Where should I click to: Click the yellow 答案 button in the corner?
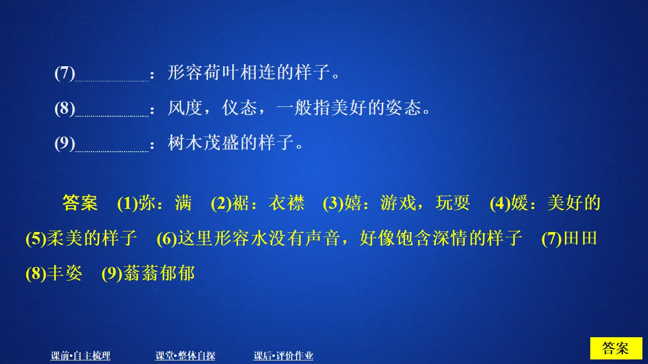[616, 348]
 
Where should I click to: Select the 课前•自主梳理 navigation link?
[80, 356]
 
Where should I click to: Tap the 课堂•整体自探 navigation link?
[185, 356]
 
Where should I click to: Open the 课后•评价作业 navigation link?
[283, 356]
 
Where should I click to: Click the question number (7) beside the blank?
[65, 74]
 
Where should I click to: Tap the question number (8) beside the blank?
[65, 109]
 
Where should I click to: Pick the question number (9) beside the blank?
[65, 144]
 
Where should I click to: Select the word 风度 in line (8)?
[185, 109]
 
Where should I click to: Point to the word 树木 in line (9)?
[185, 144]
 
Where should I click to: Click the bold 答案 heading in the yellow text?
[80, 203]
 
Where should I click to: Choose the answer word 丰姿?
[64, 274]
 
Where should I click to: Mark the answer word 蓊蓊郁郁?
[158, 274]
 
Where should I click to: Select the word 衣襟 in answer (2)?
[287, 203]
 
